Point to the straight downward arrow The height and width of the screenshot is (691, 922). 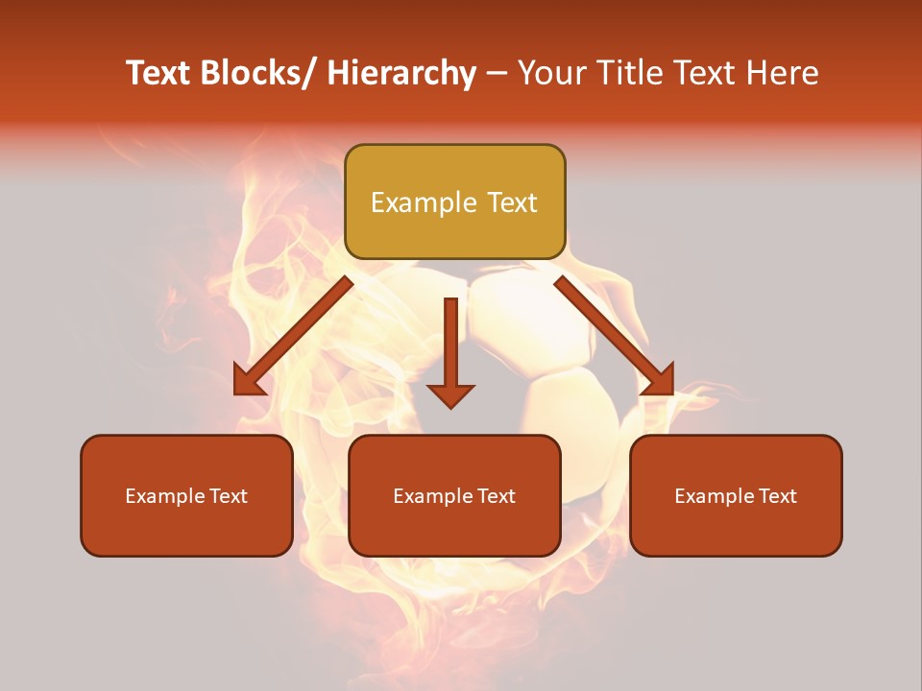[450, 351]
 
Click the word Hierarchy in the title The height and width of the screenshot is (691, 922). [400, 73]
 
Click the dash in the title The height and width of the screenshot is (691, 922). [497, 73]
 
